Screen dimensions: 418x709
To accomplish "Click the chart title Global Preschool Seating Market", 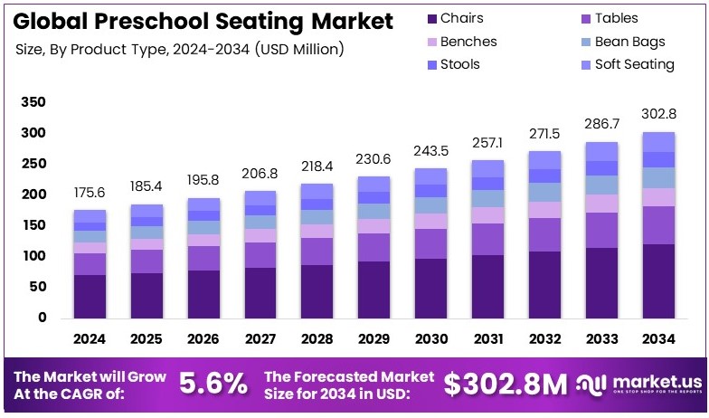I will (x=204, y=20).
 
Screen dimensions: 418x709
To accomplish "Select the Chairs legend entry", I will (x=461, y=18).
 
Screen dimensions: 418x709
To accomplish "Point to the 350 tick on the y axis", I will (x=33, y=103).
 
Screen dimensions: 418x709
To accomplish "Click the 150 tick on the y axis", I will (x=33, y=225).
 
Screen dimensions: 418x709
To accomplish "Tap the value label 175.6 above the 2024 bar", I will (x=90, y=192).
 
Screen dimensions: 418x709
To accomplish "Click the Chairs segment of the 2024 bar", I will (x=90, y=296).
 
